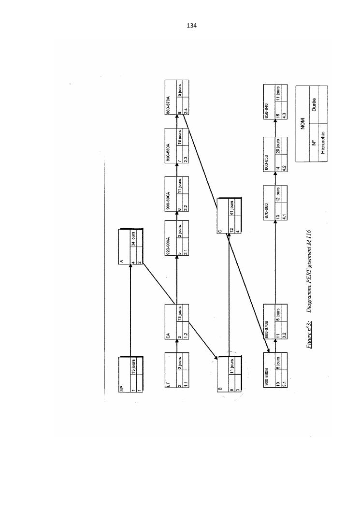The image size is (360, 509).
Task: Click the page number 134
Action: pos(191,25)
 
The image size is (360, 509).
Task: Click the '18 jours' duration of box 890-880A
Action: pos(180,138)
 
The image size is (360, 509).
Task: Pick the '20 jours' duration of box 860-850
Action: pos(278,147)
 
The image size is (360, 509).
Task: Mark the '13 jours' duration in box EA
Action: pos(180,314)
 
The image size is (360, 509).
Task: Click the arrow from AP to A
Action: pos(130,309)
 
